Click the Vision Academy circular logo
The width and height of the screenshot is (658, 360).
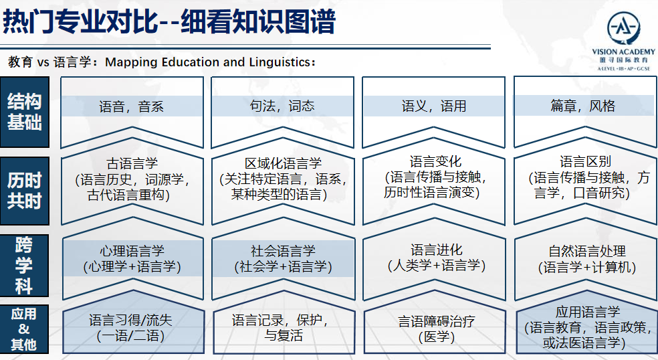click(623, 27)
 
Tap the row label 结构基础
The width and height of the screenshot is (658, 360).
click(24, 112)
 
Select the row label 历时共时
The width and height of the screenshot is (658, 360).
click(24, 191)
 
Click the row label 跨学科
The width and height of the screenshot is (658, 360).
click(24, 266)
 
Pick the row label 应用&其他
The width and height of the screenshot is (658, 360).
click(24, 329)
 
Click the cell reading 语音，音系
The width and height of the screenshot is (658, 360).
click(131, 106)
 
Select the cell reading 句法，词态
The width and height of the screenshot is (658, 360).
click(282, 106)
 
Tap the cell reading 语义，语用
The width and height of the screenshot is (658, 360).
click(433, 106)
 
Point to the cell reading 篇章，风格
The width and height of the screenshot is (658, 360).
click(583, 106)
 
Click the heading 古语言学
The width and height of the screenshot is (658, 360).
click(132, 163)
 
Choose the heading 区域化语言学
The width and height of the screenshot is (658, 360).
click(283, 163)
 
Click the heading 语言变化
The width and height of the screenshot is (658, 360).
click(435, 161)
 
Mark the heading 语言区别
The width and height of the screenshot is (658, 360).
click(585, 161)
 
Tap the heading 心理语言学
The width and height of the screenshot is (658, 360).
click(132, 251)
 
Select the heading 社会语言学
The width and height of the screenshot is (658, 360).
click(283, 251)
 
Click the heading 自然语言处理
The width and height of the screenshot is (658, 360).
click(587, 251)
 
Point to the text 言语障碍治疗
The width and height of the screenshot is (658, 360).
click(437, 321)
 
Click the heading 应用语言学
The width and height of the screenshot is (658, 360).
click(588, 312)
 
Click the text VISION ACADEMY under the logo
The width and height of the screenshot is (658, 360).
click(623, 52)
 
